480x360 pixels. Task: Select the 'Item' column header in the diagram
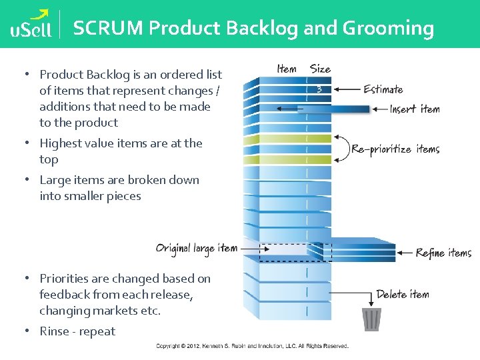coord(287,69)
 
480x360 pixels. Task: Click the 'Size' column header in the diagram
coord(320,69)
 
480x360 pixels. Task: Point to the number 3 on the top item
coord(320,89)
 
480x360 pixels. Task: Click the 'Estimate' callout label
coord(383,89)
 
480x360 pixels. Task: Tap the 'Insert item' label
coord(415,109)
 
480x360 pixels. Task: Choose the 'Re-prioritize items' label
coord(395,149)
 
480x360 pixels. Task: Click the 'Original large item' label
coord(197,248)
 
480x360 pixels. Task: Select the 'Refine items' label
coord(443,253)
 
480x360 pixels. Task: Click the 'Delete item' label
coord(403,294)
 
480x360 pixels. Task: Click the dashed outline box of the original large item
coord(283,249)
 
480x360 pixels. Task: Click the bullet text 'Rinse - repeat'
coord(77,331)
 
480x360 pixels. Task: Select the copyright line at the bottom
coord(252,346)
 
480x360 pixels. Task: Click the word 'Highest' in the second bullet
coord(61,143)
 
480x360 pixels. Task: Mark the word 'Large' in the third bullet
coord(55,180)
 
